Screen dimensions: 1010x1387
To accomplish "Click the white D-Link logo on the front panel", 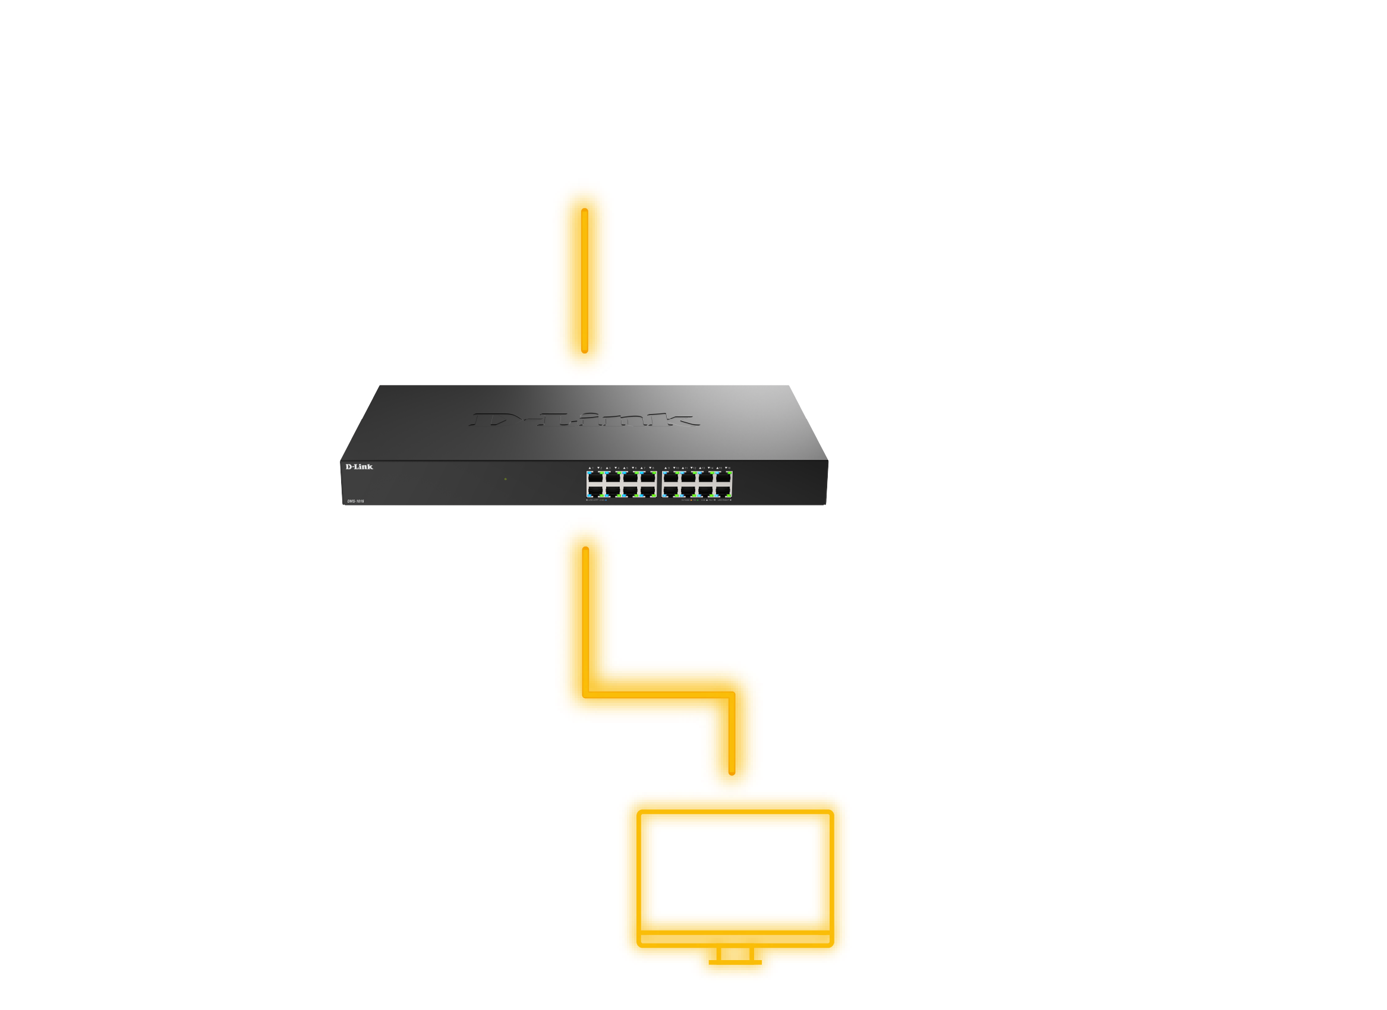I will tap(359, 466).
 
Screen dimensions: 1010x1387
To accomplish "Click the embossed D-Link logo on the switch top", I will tap(584, 419).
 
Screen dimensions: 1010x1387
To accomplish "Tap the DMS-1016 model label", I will tap(355, 501).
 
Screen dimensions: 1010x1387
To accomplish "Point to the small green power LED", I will tap(505, 479).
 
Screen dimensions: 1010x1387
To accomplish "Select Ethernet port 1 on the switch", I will tap(595, 478).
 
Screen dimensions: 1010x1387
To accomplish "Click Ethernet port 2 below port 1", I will tap(595, 490).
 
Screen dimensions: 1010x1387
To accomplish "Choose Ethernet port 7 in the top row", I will tap(648, 478).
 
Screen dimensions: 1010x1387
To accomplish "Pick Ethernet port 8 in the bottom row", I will tap(648, 490).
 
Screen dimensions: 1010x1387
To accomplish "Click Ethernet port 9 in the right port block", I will tap(670, 478).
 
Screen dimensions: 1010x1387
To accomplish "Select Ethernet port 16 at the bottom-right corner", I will tap(723, 490).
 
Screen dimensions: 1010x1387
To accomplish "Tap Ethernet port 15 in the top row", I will tap(723, 478).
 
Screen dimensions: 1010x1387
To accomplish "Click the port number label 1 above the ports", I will tap(591, 468).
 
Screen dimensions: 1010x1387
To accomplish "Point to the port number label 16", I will tap(728, 468).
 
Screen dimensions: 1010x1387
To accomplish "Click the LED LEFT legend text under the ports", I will tap(596, 500).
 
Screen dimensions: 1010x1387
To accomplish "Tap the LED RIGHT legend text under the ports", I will tap(724, 500).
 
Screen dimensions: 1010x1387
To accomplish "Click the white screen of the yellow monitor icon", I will tap(734, 871).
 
